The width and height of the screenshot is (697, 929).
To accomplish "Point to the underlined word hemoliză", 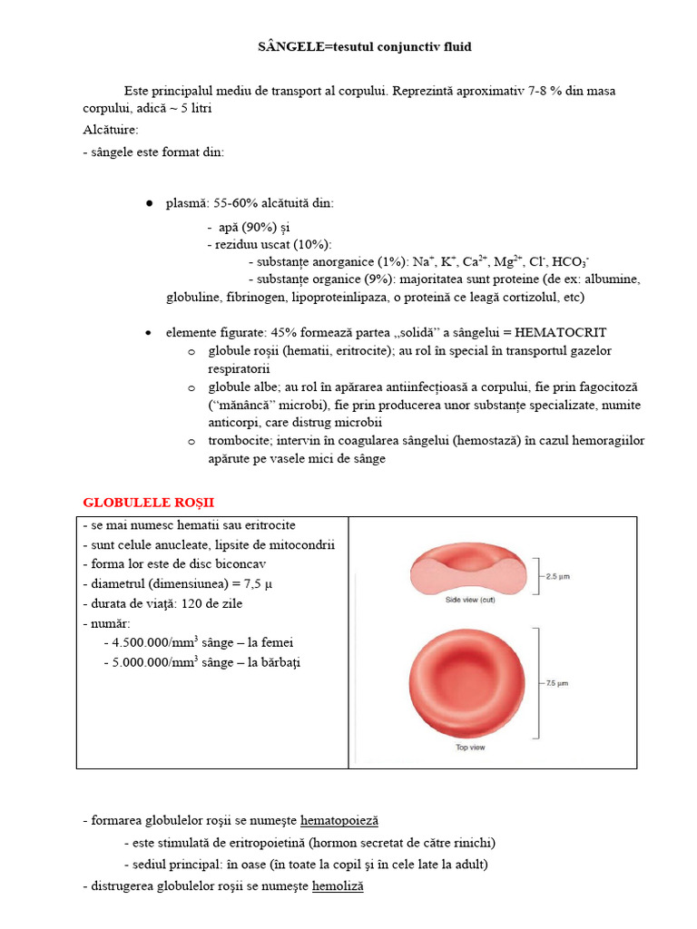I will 338,885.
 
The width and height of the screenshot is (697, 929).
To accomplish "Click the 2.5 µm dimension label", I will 556,575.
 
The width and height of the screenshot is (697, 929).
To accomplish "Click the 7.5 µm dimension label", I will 556,682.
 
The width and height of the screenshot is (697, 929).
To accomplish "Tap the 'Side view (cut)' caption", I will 468,600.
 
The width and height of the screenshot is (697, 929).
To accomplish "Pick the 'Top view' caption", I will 469,748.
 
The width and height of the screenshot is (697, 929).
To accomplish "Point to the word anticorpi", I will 235,422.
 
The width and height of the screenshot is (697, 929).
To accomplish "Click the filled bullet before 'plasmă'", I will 149,204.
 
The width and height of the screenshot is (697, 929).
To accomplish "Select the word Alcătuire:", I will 111,130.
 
